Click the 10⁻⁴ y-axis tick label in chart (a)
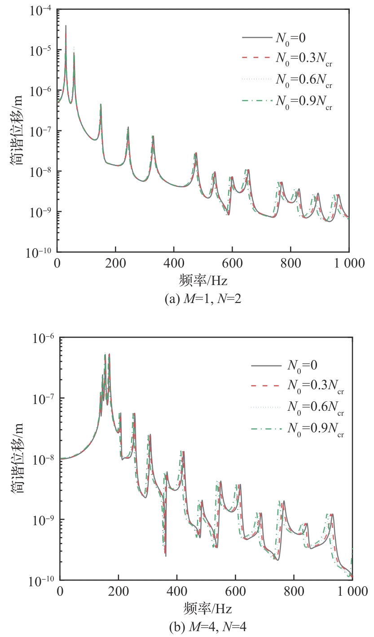click(39, 9)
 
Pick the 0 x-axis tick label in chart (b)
click(60, 591)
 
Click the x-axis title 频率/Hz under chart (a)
click(203, 281)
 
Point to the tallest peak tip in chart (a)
click(66, 26)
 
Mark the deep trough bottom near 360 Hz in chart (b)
click(166, 556)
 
